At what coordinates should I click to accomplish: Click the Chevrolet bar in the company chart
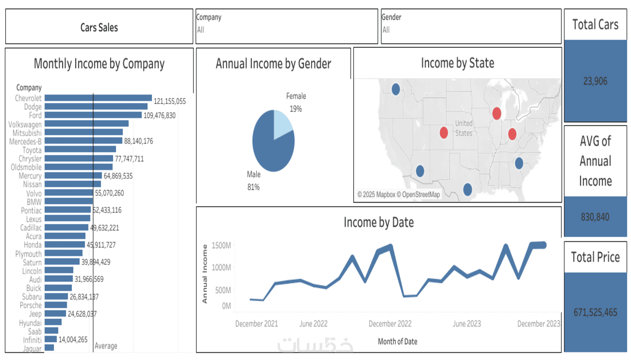pyautogui.click(x=98, y=98)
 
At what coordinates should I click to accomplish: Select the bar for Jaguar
pyautogui.click(x=49, y=348)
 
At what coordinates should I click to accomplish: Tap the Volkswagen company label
pyautogui.click(x=25, y=124)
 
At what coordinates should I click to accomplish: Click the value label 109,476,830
pyautogui.click(x=159, y=115)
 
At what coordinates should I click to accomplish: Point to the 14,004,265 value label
pyautogui.click(x=73, y=340)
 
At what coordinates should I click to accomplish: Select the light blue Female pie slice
pyautogui.click(x=282, y=122)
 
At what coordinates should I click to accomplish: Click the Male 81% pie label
pyautogui.click(x=254, y=180)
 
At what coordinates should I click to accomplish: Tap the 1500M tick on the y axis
pyautogui.click(x=221, y=245)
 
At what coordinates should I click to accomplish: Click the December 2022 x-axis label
pyautogui.click(x=390, y=324)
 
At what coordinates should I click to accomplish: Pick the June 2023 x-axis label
pyautogui.click(x=467, y=324)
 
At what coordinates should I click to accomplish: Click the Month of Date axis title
pyautogui.click(x=397, y=341)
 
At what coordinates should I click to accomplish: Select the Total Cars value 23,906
pyautogui.click(x=595, y=81)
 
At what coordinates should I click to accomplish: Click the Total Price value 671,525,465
pyautogui.click(x=595, y=312)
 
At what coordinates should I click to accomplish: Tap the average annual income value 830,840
pyautogui.click(x=595, y=217)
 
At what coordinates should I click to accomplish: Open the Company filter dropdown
pyautogui.click(x=287, y=30)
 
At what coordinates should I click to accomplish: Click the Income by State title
pyautogui.click(x=457, y=63)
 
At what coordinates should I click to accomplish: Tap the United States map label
pyautogui.click(x=464, y=128)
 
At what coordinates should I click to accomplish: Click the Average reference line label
pyautogui.click(x=106, y=346)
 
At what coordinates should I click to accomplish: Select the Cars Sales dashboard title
pyautogui.click(x=99, y=27)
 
